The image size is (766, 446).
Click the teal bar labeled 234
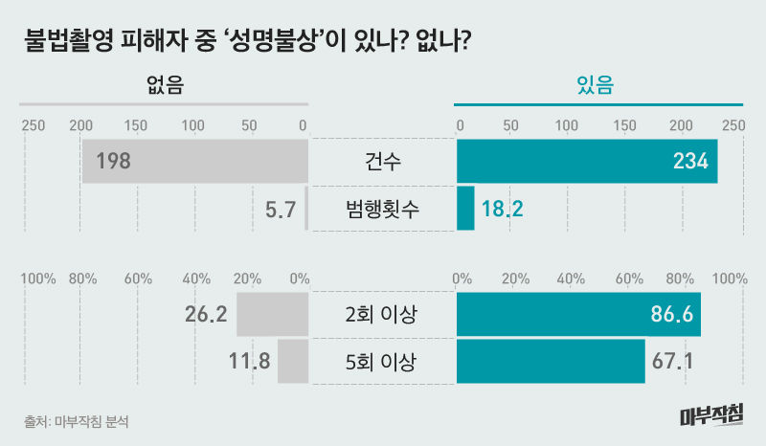coord(586,161)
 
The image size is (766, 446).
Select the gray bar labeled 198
coord(195,161)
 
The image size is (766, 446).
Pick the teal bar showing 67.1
coord(551,362)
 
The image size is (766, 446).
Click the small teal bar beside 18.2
coord(465,208)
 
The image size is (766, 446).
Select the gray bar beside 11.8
coord(293,362)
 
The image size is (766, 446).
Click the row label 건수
coord(383,161)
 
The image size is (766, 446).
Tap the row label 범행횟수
coord(383,208)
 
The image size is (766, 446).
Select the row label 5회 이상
coord(383,362)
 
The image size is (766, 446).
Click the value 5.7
coord(280,208)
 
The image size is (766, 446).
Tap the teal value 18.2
coord(503,208)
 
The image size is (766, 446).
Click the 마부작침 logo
coord(710,414)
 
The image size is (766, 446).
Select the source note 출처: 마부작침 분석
coord(76,421)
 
